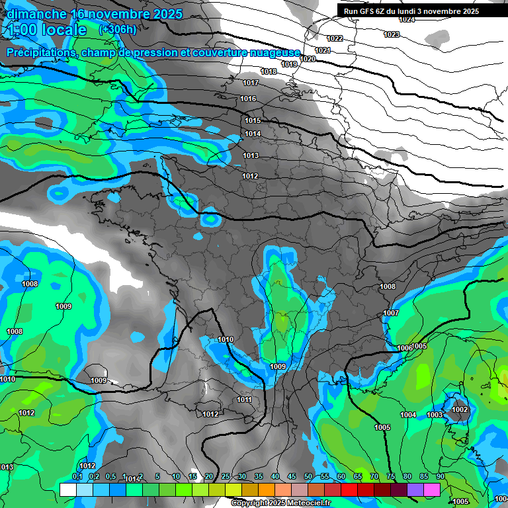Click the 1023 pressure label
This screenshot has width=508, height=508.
tap(391, 34)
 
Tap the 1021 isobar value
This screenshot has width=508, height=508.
tap(323, 50)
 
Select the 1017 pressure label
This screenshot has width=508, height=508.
tap(251, 83)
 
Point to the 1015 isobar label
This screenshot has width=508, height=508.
tap(253, 120)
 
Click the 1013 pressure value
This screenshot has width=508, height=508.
tap(251, 155)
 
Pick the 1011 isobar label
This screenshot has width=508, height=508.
tap(244, 400)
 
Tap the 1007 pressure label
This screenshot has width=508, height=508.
tap(391, 313)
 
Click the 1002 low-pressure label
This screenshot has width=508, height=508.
tap(460, 410)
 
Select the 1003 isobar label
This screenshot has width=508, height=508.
tap(435, 415)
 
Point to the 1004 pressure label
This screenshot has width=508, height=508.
tap(408, 415)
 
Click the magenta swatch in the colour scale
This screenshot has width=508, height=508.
tap(432, 489)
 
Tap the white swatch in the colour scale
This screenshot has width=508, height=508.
tap(68, 489)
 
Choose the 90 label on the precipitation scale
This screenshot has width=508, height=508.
tap(440, 477)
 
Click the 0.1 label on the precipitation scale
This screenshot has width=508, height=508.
tap(77, 477)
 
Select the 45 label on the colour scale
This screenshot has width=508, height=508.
tap(292, 477)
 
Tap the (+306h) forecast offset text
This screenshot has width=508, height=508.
tap(117, 29)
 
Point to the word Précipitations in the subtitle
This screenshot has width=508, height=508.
tap(41, 52)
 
